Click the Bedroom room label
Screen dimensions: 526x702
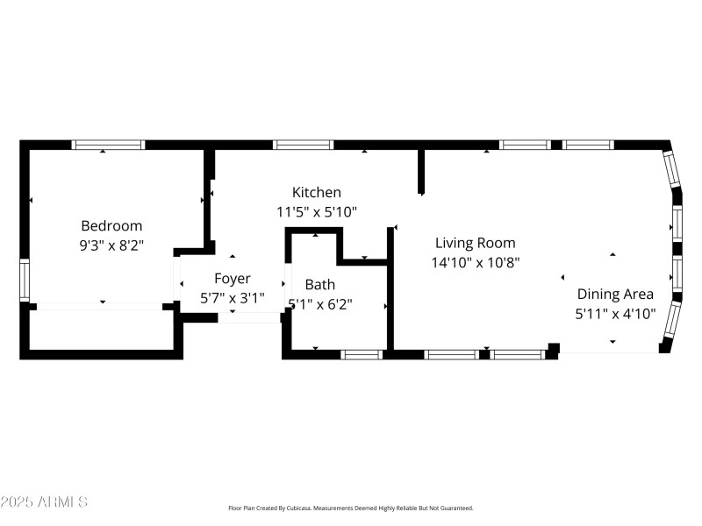click(111, 225)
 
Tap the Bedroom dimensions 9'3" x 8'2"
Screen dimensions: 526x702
click(111, 246)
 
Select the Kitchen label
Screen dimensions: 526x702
click(317, 192)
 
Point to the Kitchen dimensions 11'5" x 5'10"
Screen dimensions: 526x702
click(317, 212)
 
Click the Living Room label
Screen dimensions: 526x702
click(476, 243)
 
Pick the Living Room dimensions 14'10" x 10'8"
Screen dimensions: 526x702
click(476, 262)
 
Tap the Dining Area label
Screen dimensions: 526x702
click(615, 294)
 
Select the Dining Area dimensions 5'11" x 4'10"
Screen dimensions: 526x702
click(615, 314)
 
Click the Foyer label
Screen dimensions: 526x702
click(233, 279)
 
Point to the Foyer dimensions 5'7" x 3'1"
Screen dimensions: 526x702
click(233, 298)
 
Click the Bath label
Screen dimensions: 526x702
click(319, 284)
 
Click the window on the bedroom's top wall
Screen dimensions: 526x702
click(108, 145)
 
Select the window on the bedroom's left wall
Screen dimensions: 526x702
click(25, 281)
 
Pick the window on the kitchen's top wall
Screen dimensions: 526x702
click(304, 145)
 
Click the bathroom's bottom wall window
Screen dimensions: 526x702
click(362, 354)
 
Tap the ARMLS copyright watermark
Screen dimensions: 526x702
click(44, 502)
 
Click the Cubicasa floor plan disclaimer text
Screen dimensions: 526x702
click(351, 508)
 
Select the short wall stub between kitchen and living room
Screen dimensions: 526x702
click(421, 172)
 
